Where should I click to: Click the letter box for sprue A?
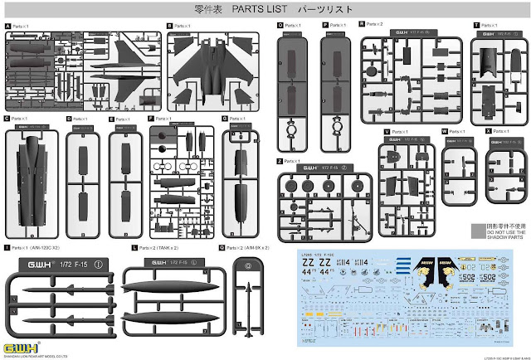tap(7, 26)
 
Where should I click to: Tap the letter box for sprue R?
tap(363, 26)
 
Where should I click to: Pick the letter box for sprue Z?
tap(280, 160)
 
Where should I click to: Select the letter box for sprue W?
tap(444, 132)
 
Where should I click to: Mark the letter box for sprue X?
tap(486, 132)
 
